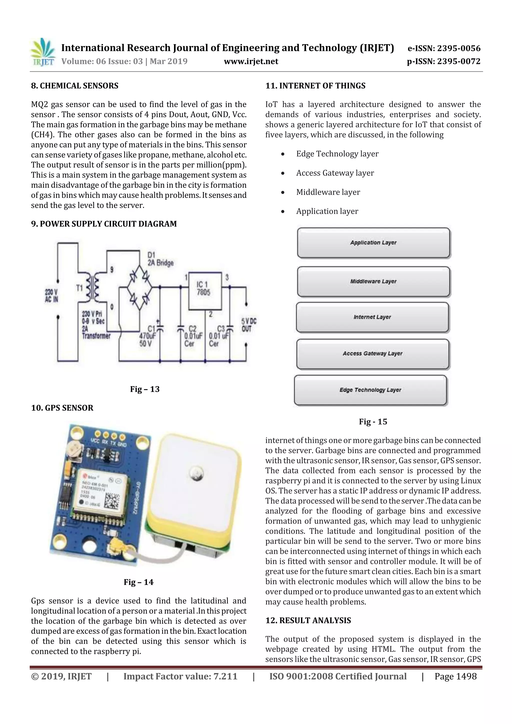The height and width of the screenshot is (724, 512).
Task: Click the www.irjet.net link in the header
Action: click(x=251, y=61)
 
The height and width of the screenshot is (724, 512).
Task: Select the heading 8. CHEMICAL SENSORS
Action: click(x=75, y=86)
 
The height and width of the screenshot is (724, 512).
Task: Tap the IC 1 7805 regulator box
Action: click(x=205, y=291)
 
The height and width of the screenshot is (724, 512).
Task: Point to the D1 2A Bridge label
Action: click(x=160, y=259)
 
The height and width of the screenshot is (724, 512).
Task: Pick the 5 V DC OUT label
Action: click(x=249, y=325)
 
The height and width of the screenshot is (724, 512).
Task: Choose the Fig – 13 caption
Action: click(x=145, y=389)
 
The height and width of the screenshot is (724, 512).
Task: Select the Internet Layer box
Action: click(x=372, y=317)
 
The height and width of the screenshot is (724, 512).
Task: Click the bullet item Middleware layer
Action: click(x=328, y=192)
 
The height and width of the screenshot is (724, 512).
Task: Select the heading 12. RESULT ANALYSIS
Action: click(x=308, y=620)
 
